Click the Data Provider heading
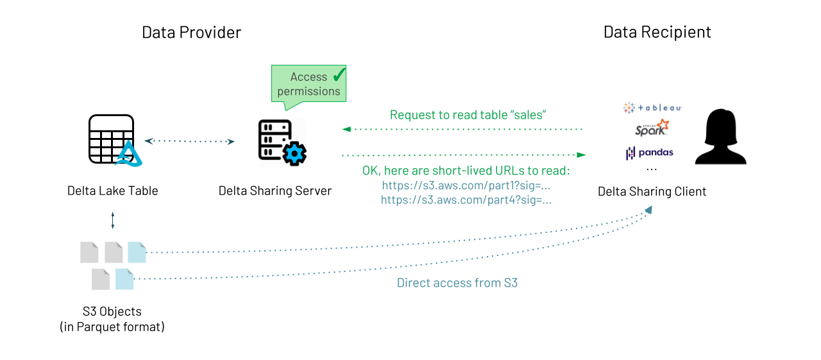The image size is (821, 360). (x=191, y=32)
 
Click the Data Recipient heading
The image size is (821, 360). (x=657, y=32)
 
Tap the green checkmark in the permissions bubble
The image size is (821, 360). (x=339, y=75)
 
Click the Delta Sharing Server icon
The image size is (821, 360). (x=282, y=142)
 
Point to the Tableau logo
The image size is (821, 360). (x=652, y=108)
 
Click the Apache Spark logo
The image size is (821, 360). (x=652, y=128)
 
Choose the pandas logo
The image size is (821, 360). (x=650, y=153)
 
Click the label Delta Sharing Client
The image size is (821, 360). (x=652, y=191)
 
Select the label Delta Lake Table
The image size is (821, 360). (x=112, y=191)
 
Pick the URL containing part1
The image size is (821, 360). (x=466, y=185)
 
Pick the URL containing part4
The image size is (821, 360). (x=466, y=200)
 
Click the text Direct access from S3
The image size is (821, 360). (x=457, y=283)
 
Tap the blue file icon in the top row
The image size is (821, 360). (x=137, y=252)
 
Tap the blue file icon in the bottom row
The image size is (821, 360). (x=124, y=279)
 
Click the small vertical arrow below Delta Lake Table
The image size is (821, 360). (x=113, y=220)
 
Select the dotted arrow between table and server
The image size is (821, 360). (x=189, y=141)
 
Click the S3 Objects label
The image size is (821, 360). (x=112, y=319)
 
